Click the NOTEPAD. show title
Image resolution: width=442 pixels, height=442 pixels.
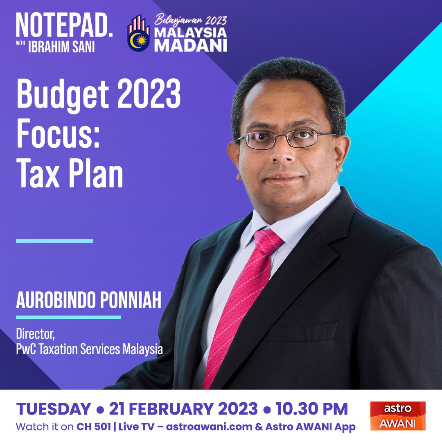point(64,25)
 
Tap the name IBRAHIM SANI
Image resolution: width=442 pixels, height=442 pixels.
point(61,47)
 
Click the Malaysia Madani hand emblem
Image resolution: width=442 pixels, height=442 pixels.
point(138,33)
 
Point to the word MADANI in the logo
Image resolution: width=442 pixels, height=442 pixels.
point(191,45)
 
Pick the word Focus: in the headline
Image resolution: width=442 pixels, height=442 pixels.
point(58,133)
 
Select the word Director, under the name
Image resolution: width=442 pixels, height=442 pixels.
point(35,334)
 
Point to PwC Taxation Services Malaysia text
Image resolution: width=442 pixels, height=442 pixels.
point(89,349)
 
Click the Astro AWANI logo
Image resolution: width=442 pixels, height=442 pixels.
point(398,416)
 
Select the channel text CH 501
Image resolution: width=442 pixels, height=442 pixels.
point(94,427)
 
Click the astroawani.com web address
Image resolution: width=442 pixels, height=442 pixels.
point(209,427)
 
